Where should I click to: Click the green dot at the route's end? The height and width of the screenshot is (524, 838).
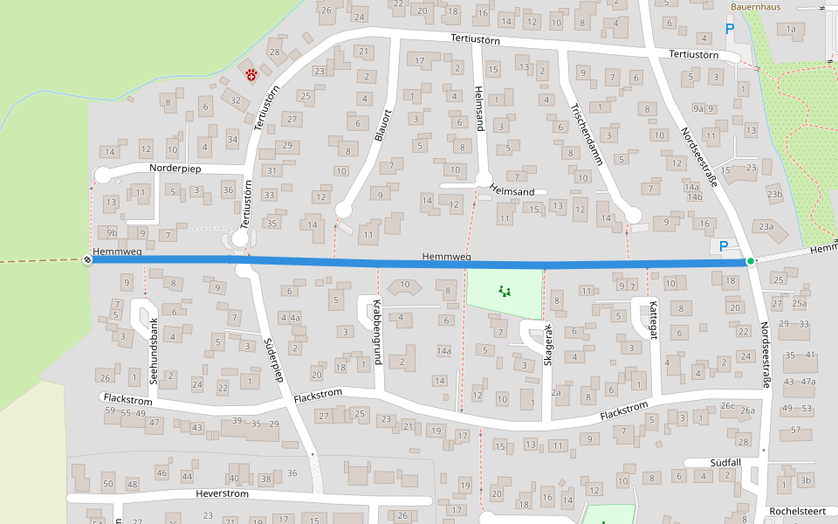click(x=751, y=261)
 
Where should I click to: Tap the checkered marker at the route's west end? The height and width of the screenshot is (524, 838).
click(x=86, y=259)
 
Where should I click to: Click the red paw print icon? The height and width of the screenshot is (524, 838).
click(x=252, y=75)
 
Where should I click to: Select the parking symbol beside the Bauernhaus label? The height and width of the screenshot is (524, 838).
click(x=730, y=29)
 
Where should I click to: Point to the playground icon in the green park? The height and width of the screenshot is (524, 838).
click(x=504, y=291)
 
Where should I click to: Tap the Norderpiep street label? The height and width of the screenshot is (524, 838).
click(x=176, y=167)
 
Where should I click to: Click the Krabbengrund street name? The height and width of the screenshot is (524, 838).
click(x=377, y=326)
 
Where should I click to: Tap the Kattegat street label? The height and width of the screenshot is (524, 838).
click(x=652, y=323)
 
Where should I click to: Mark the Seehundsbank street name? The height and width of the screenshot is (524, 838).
click(x=154, y=351)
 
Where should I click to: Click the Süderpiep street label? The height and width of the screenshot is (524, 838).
click(x=273, y=360)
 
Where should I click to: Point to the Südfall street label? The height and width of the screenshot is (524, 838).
click(x=724, y=462)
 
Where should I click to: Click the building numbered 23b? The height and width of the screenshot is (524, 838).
click(x=774, y=194)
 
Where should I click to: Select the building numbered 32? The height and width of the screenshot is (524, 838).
click(x=235, y=100)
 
